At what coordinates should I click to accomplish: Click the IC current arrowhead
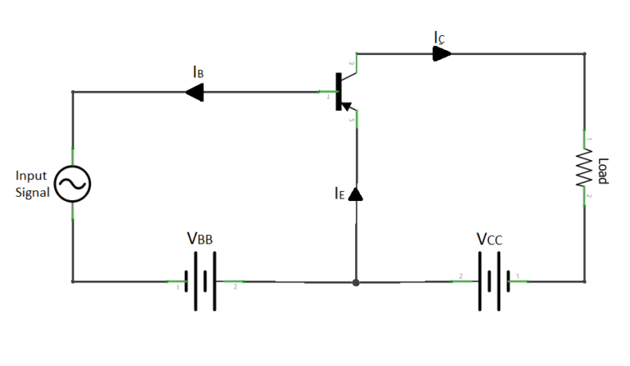point(442,54)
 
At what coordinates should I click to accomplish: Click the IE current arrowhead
point(356,194)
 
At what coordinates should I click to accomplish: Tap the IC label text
point(441,37)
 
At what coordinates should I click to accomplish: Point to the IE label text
point(340,194)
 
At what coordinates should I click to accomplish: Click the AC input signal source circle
point(72,185)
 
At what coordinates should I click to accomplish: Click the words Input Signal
point(33,185)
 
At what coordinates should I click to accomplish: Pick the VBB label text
point(203,240)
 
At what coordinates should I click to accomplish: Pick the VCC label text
point(490,240)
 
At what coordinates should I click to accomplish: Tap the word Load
point(604,171)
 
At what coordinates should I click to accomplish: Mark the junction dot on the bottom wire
point(356,282)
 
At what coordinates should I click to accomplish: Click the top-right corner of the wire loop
point(585,55)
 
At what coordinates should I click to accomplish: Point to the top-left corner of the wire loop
point(73,92)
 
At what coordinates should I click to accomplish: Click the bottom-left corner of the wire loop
point(73,281)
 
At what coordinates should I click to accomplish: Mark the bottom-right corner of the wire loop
point(585,281)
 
